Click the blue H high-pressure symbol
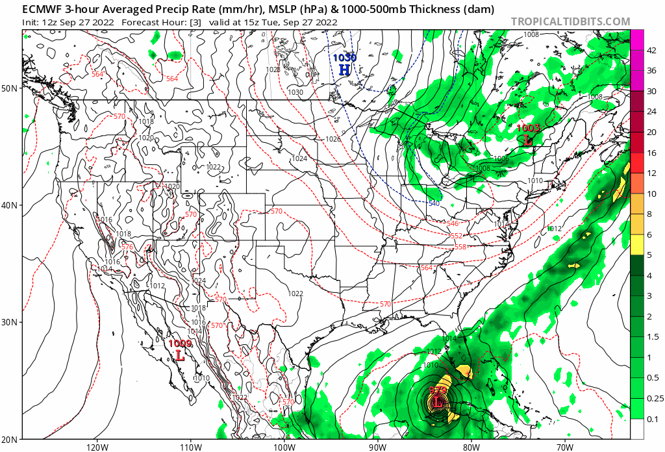[344, 69]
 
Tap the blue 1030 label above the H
[344, 58]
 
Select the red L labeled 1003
[527, 139]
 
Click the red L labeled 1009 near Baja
[181, 355]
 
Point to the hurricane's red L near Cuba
[438, 403]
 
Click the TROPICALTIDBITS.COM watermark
[570, 21]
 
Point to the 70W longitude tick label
[564, 446]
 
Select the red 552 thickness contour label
[457, 235]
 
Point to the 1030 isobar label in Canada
[295, 92]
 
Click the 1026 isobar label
[333, 139]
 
